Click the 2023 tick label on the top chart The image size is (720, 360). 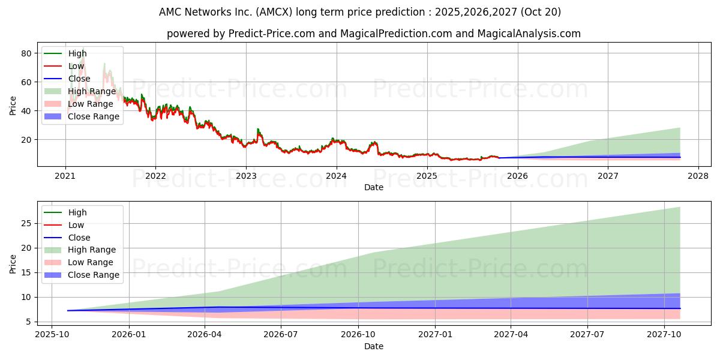tap(246, 176)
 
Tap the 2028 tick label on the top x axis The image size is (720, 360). tap(698, 176)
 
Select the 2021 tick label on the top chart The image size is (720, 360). tap(65, 176)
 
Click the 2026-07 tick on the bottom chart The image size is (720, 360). tap(281, 335)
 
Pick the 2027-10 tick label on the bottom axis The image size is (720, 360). tap(664, 335)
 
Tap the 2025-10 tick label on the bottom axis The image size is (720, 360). tap(52, 335)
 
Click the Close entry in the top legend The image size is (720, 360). tap(79, 79)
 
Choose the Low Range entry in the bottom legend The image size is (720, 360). tap(90, 262)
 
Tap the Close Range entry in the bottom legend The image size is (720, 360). tap(94, 275)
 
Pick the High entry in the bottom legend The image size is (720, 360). tap(77, 212)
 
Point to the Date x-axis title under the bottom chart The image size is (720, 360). tap(374, 346)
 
